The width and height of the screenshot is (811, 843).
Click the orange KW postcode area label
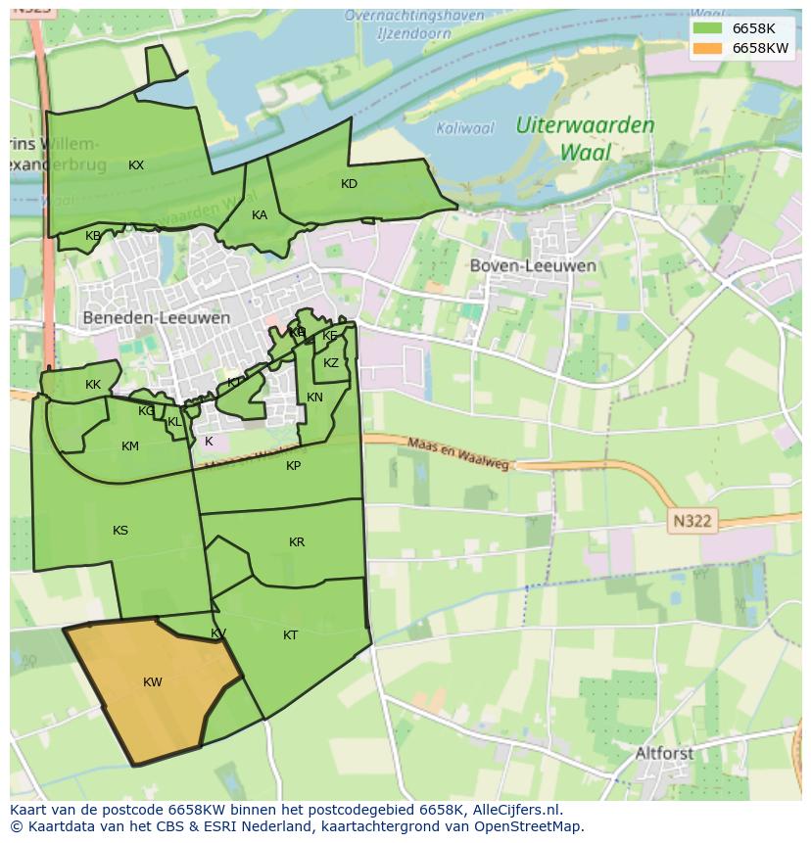pos(153,682)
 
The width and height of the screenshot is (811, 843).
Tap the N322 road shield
pos(693,521)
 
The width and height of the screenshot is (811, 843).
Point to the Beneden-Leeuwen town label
pos(157,318)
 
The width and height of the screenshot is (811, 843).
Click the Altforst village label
pos(664,754)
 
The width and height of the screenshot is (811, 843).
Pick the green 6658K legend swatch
pos(706,28)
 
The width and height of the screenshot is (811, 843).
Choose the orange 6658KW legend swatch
pos(706,48)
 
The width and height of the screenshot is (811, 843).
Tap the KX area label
pos(136,165)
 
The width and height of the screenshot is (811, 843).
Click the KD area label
pos(349,184)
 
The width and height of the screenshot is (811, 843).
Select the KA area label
pos(260,215)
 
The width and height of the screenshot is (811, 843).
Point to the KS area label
pos(120,531)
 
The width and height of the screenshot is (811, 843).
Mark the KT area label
pos(290,635)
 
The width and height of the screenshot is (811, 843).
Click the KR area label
pos(297,542)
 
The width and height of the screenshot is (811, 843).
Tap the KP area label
pos(294,466)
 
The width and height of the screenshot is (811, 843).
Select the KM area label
pos(130,446)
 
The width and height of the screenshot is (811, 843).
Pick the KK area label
pos(93,385)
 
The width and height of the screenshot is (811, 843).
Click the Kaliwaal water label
pos(465,128)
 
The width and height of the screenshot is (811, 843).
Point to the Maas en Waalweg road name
pos(458,453)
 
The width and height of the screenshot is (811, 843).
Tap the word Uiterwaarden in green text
pos(586,125)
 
